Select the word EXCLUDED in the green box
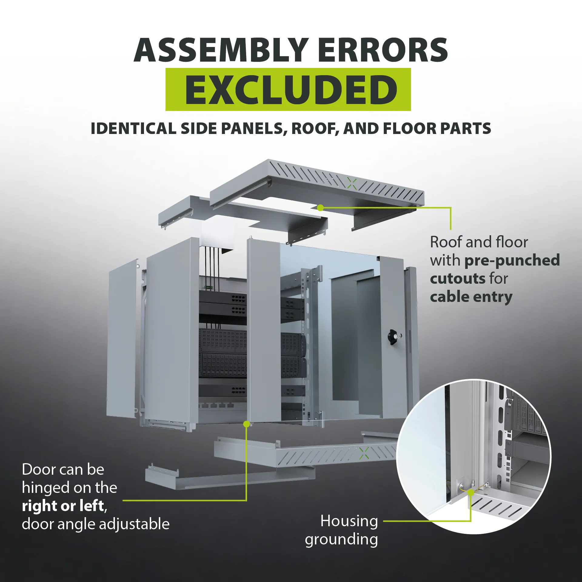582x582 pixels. pos(291,90)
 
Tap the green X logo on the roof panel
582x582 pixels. pos(352,184)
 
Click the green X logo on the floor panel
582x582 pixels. pos(364,453)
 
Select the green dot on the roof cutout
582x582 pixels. pos(320,208)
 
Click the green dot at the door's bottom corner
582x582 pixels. pos(247,424)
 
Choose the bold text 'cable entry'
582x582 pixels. pos(471,297)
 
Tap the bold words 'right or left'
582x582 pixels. pos(63,506)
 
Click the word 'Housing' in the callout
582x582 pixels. pos(349,521)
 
